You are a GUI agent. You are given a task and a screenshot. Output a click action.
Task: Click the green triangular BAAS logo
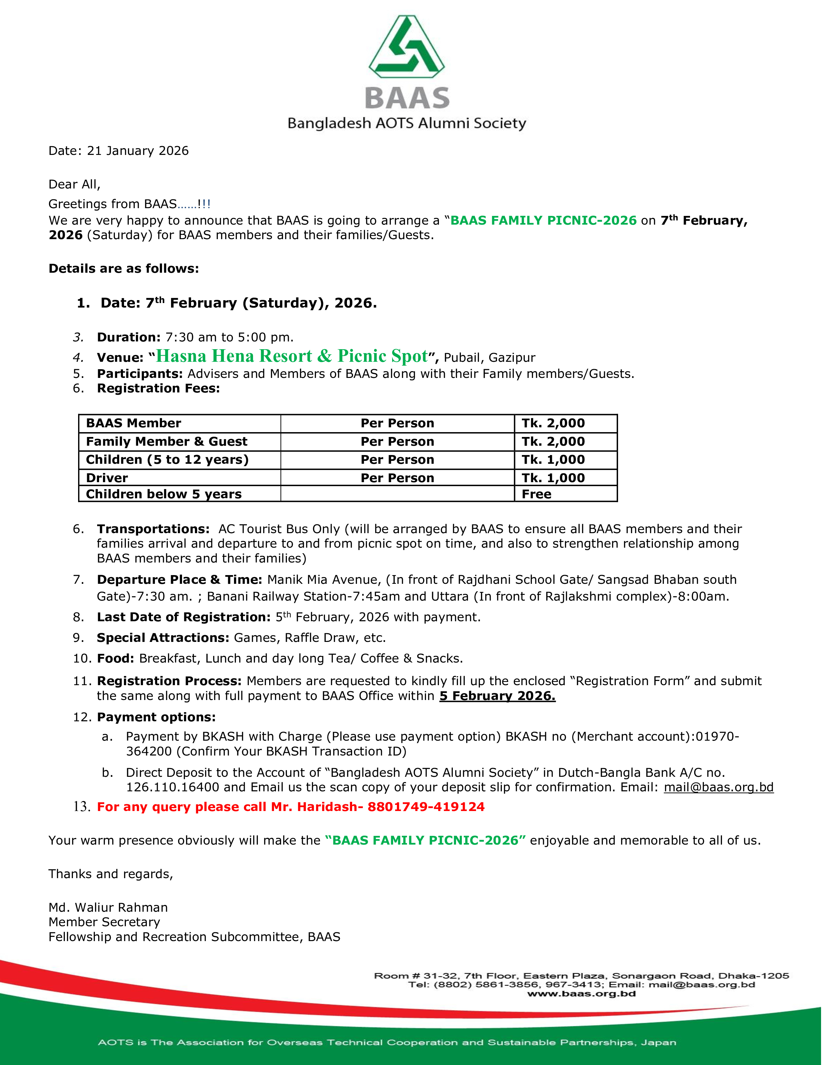coord(407,48)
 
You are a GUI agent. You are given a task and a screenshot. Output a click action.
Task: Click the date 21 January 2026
coord(137,151)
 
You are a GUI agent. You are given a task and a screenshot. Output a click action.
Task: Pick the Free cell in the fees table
coord(536,494)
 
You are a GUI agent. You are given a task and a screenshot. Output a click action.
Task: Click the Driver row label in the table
coord(107,478)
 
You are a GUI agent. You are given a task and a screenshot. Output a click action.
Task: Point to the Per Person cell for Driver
coord(397,478)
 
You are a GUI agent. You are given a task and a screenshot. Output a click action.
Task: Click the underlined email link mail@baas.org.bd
coord(718,787)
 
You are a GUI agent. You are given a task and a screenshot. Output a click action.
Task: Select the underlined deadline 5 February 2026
coord(497,696)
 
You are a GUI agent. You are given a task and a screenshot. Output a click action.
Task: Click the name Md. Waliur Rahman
coord(108,908)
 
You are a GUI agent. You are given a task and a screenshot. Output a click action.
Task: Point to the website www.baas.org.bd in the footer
coord(581,993)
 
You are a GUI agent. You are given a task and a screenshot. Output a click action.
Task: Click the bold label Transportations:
coord(153,529)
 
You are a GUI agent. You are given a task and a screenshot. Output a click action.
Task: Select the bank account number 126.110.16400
coord(173,787)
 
